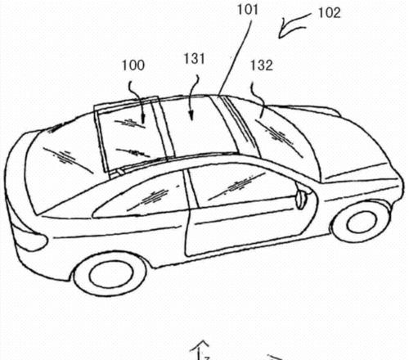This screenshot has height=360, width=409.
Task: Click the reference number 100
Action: [133, 65]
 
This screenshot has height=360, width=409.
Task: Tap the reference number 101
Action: [248, 9]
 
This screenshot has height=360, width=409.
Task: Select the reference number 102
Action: [330, 13]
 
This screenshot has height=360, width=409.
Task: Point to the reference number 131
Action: [194, 59]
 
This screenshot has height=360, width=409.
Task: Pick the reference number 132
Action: [262, 65]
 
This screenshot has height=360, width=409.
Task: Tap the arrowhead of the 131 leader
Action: [191, 116]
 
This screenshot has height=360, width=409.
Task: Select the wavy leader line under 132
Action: [257, 101]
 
